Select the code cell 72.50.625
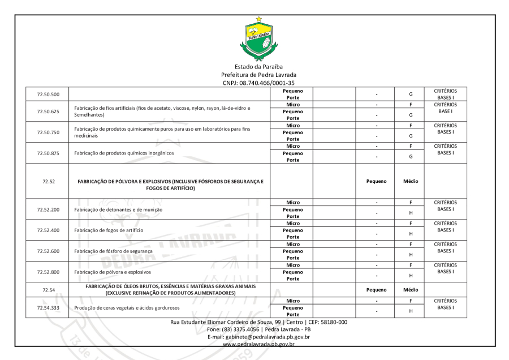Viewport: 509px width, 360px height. pos(44,111)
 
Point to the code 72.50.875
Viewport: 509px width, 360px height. pos(44,153)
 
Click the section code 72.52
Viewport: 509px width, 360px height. pos(44,181)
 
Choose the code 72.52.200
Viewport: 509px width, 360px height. pos(44,209)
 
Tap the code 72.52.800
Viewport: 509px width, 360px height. pos(44,272)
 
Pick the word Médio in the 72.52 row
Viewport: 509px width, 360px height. pos(411,181)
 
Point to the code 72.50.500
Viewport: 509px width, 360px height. pos(44,94)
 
